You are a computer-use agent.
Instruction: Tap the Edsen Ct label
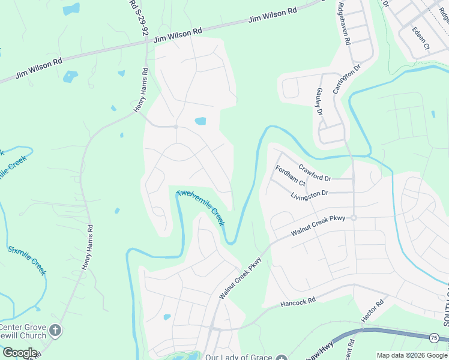pos(421,37)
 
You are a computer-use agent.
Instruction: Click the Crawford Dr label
pos(315,174)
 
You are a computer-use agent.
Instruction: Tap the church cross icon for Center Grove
pos(55,330)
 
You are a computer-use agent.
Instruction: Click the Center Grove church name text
pos(23,331)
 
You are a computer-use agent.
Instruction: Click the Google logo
pos(19,353)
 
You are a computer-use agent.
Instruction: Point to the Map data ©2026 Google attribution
pos(412,356)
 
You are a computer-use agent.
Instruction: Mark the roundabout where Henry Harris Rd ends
pos(175,127)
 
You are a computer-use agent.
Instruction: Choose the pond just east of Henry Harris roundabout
pos(200,121)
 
